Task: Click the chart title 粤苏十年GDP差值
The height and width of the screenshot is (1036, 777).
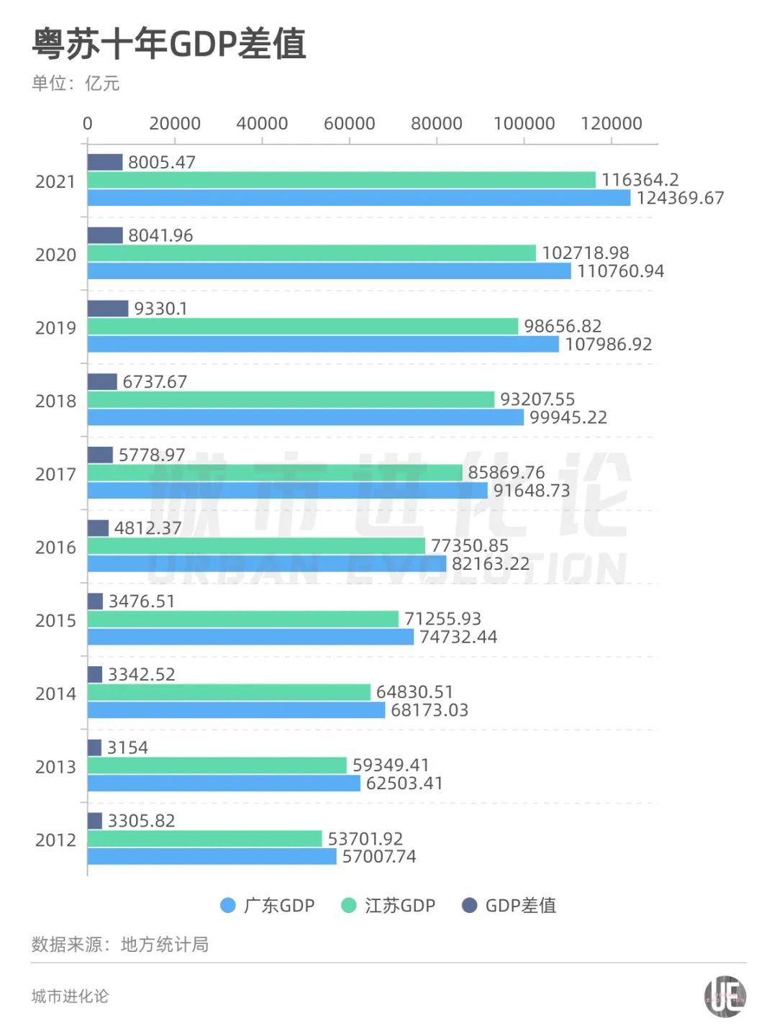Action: coord(170,44)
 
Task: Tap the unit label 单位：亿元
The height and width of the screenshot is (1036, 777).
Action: coord(76,83)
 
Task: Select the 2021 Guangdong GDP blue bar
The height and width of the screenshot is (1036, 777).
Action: coord(358,198)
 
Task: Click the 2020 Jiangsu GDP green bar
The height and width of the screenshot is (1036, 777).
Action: coord(312,253)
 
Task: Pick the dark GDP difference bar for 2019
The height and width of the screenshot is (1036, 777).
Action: coord(108,309)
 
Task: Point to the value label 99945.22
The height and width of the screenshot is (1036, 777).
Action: coord(568,418)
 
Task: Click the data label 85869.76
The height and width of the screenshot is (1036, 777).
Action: coord(506,473)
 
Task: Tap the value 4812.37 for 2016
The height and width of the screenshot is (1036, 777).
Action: coord(147,528)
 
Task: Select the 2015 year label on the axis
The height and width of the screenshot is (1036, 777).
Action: coord(55,621)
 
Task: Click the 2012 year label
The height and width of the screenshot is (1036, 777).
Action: coord(55,840)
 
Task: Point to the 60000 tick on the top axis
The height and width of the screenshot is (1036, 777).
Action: coord(349,124)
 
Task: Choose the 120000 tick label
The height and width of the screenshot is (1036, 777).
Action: coord(611,124)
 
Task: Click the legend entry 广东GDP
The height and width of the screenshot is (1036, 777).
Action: coord(268,906)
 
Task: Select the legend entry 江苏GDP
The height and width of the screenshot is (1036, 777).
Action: coord(388,906)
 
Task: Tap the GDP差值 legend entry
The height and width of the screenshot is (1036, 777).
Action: coord(509,906)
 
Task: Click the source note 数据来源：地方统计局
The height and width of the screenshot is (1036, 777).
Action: coord(120,945)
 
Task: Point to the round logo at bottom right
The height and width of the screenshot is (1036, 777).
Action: coord(724,997)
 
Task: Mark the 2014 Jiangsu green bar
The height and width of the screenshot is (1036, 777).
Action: coord(229,692)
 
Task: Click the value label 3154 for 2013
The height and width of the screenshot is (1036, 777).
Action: coord(127,748)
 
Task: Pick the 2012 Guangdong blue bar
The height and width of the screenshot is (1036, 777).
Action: coord(212,857)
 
